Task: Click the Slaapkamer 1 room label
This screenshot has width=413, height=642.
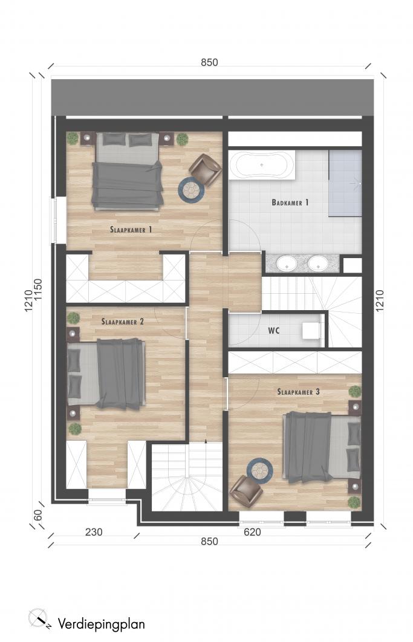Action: (131, 230)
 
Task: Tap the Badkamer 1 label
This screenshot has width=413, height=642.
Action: (290, 203)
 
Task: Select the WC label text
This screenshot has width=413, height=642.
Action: (274, 330)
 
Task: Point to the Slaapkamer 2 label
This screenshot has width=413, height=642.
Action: (123, 322)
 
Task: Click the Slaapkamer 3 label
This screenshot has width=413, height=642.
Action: (298, 392)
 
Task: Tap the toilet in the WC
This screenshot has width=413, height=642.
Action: (311, 331)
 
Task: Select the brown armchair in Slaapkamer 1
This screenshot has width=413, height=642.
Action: (205, 169)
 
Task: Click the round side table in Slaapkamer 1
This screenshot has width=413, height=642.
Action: (191, 190)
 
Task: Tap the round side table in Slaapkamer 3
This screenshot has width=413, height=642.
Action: (260, 470)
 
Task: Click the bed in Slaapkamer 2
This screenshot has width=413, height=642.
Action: (106, 374)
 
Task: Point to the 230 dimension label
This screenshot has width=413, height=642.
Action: (94, 532)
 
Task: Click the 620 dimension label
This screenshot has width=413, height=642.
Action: (252, 532)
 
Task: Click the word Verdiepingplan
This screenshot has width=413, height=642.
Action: (101, 624)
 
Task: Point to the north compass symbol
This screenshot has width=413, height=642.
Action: (39, 618)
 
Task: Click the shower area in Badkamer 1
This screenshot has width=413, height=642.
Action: (345, 183)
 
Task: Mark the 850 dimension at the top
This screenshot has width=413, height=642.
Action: (209, 62)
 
